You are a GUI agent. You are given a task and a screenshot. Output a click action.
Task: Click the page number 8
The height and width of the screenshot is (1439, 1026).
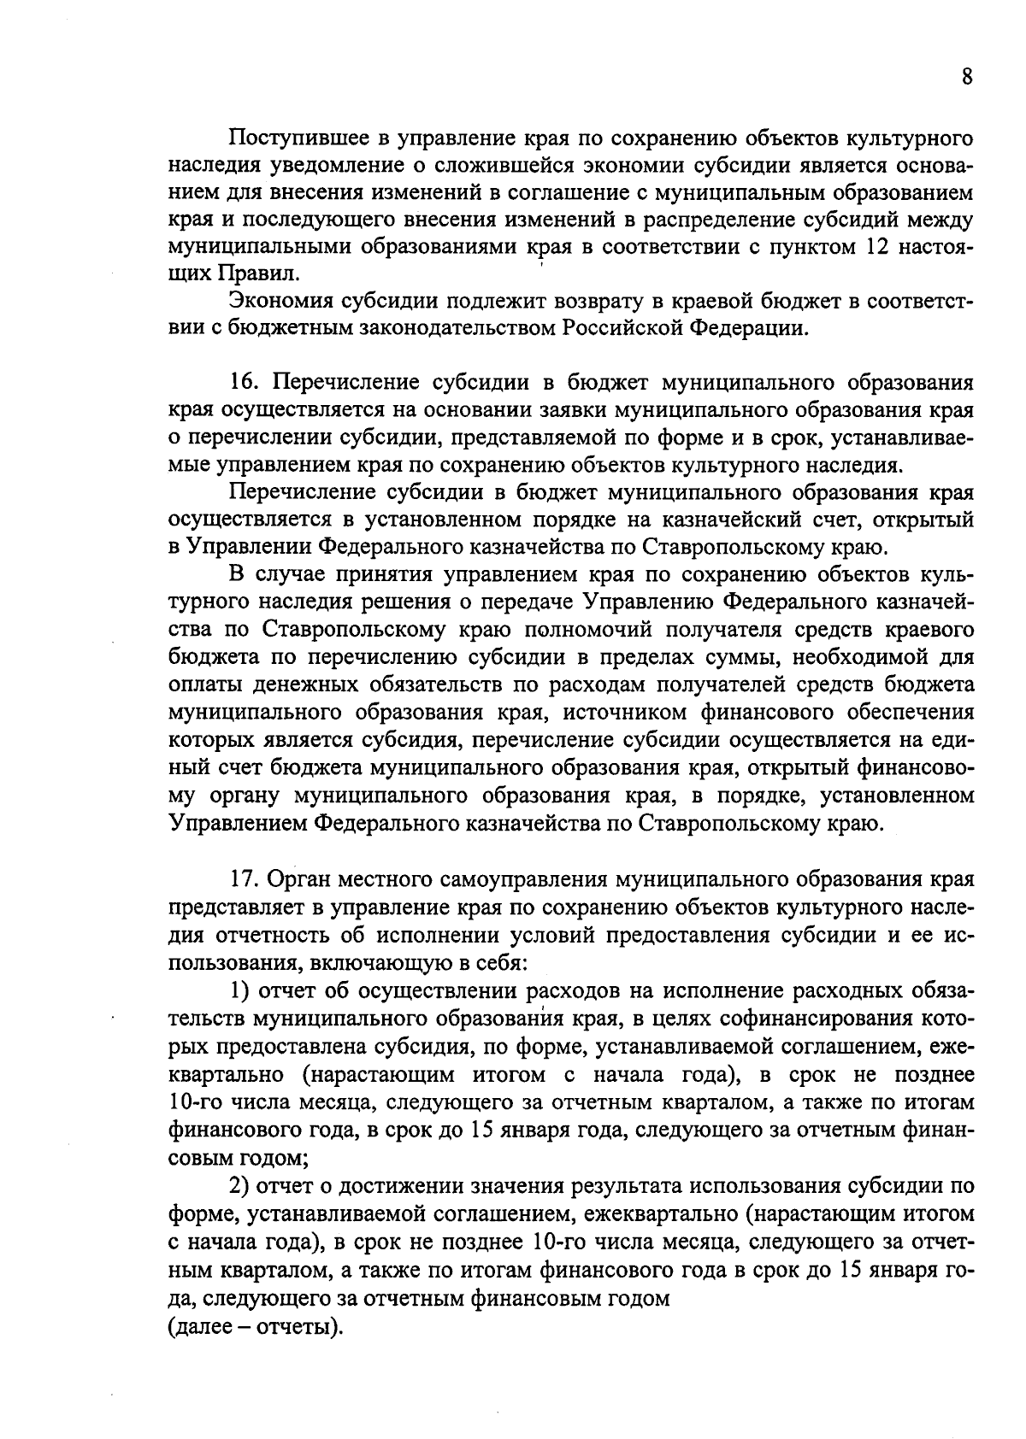[x=966, y=77]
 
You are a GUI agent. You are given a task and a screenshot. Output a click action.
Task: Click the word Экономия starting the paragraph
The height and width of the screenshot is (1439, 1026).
[x=280, y=301]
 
